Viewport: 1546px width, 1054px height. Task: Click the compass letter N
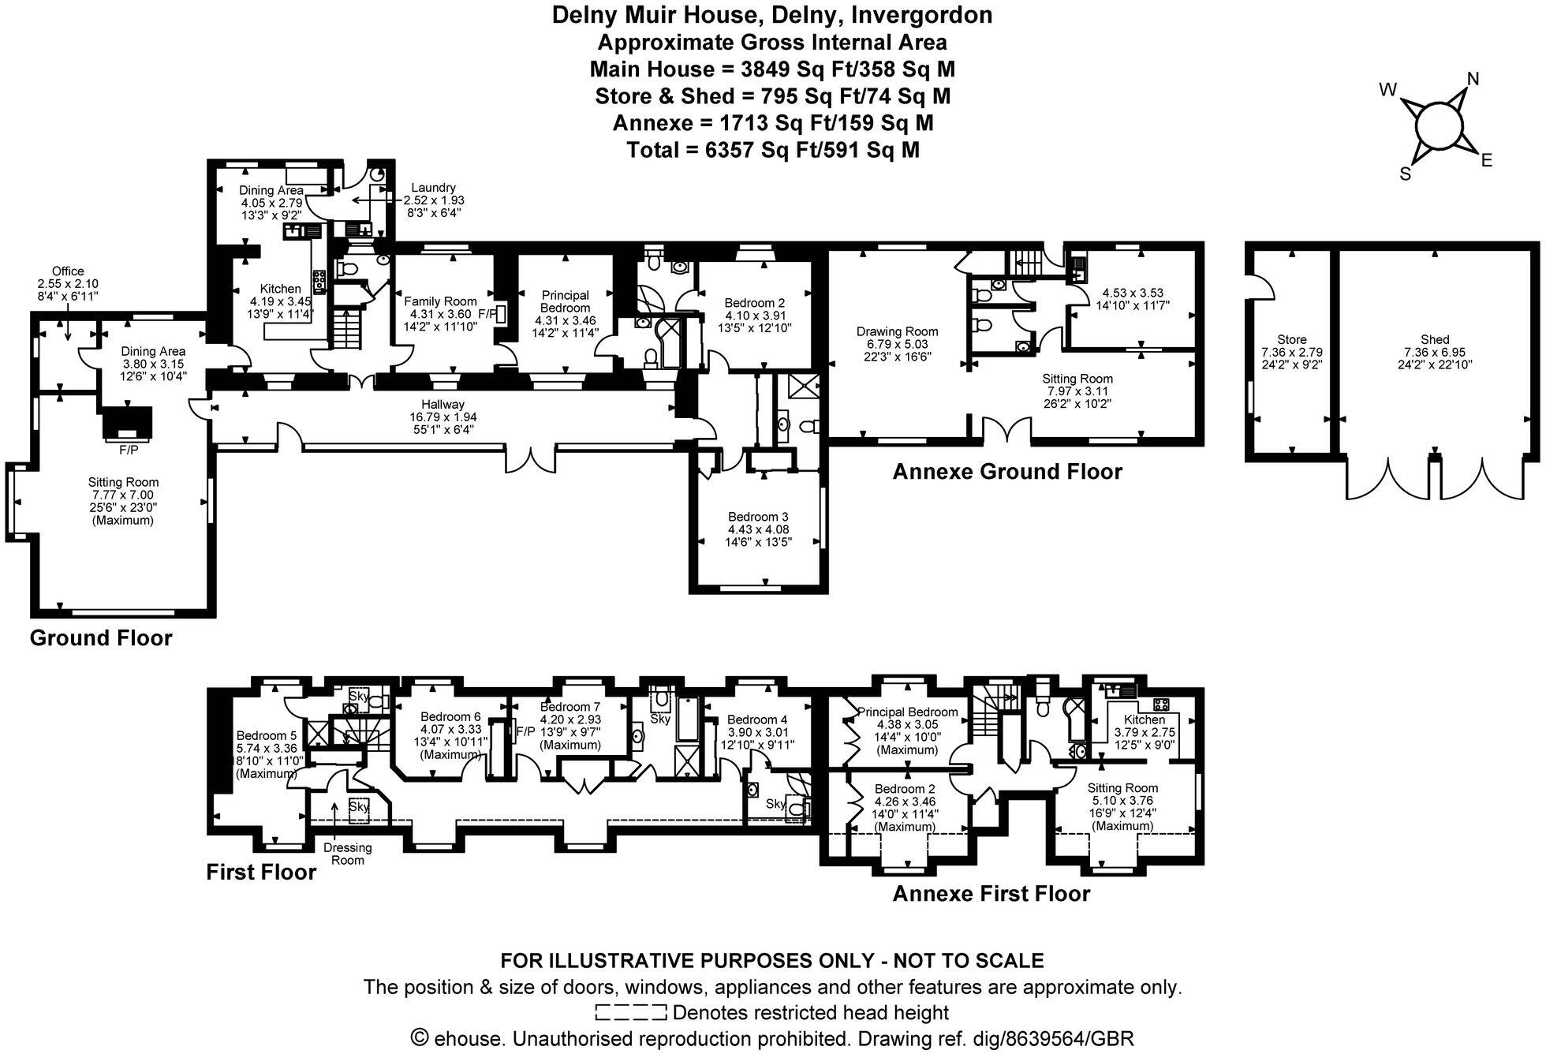(1472, 79)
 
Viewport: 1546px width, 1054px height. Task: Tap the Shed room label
(1435, 339)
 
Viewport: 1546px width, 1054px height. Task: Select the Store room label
(1291, 339)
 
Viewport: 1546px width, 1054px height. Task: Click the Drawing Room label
(897, 331)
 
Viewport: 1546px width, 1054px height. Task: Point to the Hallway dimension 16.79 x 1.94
(443, 417)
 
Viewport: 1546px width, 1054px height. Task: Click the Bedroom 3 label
(758, 517)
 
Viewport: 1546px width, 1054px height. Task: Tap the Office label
(68, 271)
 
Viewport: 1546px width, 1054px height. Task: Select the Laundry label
(433, 188)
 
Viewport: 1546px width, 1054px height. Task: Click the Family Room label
(440, 301)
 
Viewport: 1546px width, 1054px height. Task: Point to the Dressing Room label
(348, 854)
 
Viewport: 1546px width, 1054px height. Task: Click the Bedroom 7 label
(569, 707)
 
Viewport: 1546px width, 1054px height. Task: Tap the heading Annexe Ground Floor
(1006, 472)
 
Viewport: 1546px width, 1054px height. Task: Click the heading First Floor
(261, 872)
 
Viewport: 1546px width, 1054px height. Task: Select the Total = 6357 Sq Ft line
(772, 150)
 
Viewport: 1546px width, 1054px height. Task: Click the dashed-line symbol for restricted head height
(630, 1012)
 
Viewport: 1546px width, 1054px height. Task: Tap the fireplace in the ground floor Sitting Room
(126, 424)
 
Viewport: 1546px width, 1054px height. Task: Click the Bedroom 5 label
(267, 735)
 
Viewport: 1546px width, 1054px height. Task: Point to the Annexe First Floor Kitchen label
(1144, 719)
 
